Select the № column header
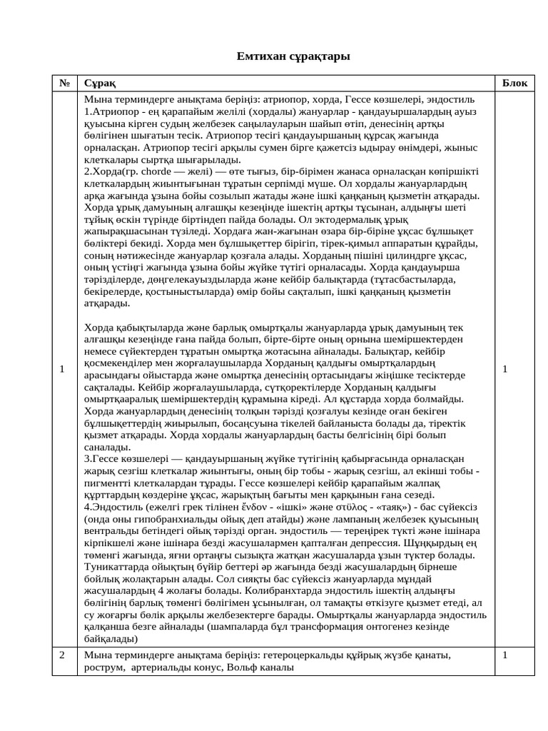[x=64, y=83]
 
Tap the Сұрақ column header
[x=99, y=83]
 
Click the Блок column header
[x=514, y=83]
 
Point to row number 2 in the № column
[x=63, y=655]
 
